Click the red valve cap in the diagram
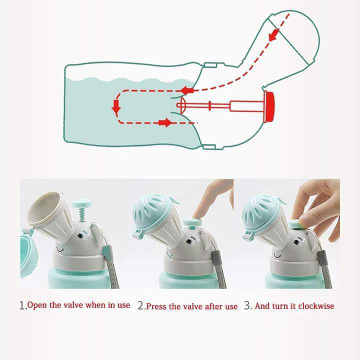click(x=269, y=106)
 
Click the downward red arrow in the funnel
click(x=273, y=35)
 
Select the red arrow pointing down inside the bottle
click(x=116, y=107)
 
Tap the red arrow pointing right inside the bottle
click(x=165, y=122)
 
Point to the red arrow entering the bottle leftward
click(x=186, y=90)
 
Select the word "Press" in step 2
click(x=156, y=306)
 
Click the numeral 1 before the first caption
click(x=22, y=305)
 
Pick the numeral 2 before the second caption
click(x=141, y=305)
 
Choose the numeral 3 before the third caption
click(x=247, y=305)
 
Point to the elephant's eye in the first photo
click(x=79, y=235)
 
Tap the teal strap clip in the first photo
click(x=106, y=250)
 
